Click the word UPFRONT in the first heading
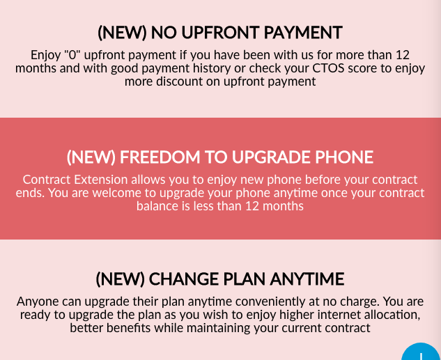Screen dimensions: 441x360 pyautogui.click(x=219, y=32)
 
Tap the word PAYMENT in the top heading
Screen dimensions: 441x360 pyautogui.click(x=303, y=32)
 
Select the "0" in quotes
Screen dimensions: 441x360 pyautogui.click(x=72, y=54)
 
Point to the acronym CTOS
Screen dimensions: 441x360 pyautogui.click(x=328, y=68)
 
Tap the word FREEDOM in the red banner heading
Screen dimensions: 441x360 pyautogui.click(x=160, y=157)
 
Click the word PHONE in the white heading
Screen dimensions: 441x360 pyautogui.click(x=344, y=157)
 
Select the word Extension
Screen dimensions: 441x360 pyautogui.click(x=101, y=180)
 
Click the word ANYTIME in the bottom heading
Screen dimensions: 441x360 pyautogui.click(x=307, y=279)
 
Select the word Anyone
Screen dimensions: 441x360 pyautogui.click(x=38, y=302)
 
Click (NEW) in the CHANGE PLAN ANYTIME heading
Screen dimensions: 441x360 pyautogui.click(x=121, y=279)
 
